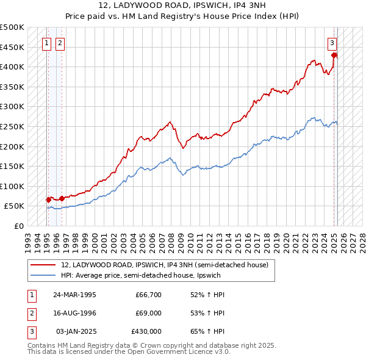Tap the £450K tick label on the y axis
coord(12,47)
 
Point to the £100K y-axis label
coord(12,186)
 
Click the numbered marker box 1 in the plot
coord(47,43)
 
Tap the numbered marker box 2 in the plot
coord(60,43)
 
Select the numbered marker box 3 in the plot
coord(332,43)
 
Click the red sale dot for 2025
coord(334,55)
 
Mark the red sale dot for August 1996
coord(62,198)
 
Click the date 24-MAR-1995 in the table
coord(74,295)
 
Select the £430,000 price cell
coord(146,331)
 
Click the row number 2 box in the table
coord(30,313)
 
